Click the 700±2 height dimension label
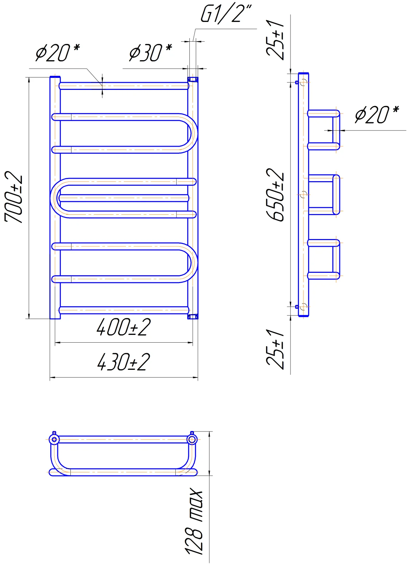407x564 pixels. point(14,197)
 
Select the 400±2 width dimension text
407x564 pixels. point(124,327)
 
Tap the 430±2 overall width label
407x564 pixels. point(124,362)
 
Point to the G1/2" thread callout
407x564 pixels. point(226,13)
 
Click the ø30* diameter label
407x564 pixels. point(150,53)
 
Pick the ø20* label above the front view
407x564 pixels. point(57,53)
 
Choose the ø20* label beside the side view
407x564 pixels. point(377,115)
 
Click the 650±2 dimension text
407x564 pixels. point(275,195)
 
